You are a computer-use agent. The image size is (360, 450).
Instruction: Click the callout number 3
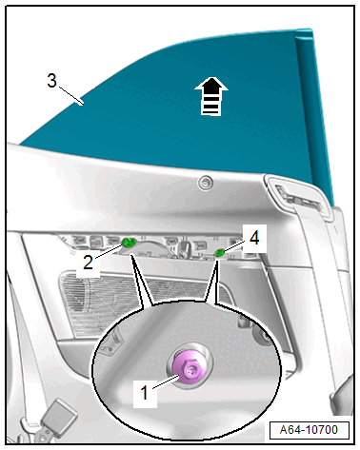pyautogui.click(x=51, y=81)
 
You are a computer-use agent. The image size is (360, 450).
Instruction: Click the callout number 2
pyautogui.click(x=88, y=263)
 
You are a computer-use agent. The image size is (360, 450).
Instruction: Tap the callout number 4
pyautogui.click(x=254, y=238)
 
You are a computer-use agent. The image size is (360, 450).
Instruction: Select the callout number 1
pyautogui.click(x=145, y=392)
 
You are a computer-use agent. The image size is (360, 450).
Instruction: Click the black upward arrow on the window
pyautogui.click(x=211, y=96)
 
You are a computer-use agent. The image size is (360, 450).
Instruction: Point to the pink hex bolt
pyautogui.click(x=190, y=369)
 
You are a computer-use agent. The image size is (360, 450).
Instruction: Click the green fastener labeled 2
pyautogui.click(x=129, y=243)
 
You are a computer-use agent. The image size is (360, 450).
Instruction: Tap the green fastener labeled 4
pyautogui.click(x=220, y=252)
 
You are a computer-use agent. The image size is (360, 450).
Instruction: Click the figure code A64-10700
pyautogui.click(x=309, y=430)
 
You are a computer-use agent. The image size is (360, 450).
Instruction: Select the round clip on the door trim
pyautogui.click(x=206, y=183)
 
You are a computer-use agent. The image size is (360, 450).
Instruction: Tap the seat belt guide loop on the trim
pyautogui.click(x=301, y=199)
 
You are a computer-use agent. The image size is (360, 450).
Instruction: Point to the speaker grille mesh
pyautogui.click(x=143, y=302)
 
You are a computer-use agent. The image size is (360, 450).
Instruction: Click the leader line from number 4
pyautogui.click(x=235, y=245)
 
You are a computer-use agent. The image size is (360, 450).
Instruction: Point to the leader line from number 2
pyautogui.click(x=108, y=250)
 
